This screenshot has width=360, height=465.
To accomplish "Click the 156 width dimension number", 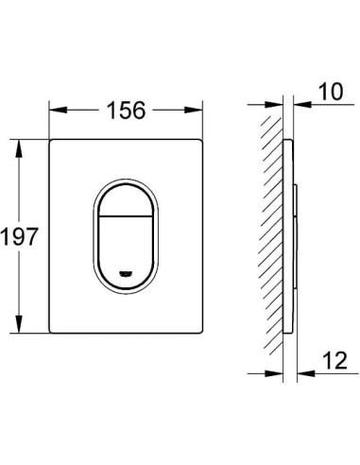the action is tap(126, 111).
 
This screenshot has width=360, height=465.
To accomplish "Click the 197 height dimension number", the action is tap(19, 236).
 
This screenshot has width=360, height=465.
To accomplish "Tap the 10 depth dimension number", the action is tap(331, 92).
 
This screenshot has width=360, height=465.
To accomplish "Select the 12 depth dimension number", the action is tap(334, 360).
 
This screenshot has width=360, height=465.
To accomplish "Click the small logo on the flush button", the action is tap(126, 274).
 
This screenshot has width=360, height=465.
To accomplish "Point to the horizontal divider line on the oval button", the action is tap(126, 216).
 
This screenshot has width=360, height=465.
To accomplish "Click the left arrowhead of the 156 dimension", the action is tap(58, 111).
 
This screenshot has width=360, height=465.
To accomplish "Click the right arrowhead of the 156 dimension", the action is tap(193, 111).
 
